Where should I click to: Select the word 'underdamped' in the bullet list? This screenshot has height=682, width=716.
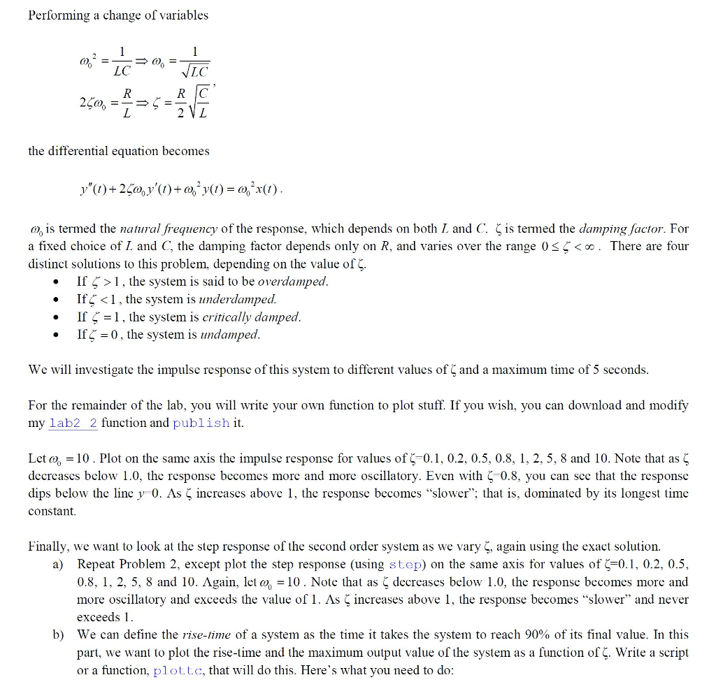click(x=243, y=299)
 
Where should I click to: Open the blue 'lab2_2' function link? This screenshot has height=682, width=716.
click(x=73, y=423)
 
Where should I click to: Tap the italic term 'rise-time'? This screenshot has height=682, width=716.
click(x=208, y=634)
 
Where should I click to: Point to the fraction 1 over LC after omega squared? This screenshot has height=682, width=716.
click(x=122, y=62)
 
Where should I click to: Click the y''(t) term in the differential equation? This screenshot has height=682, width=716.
click(x=95, y=190)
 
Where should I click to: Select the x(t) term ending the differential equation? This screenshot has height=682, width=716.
click(x=271, y=190)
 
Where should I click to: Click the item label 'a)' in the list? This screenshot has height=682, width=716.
click(x=59, y=565)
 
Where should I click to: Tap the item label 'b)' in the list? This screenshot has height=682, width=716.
click(x=59, y=635)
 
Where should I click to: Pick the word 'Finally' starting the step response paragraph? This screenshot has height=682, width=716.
click(x=48, y=546)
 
